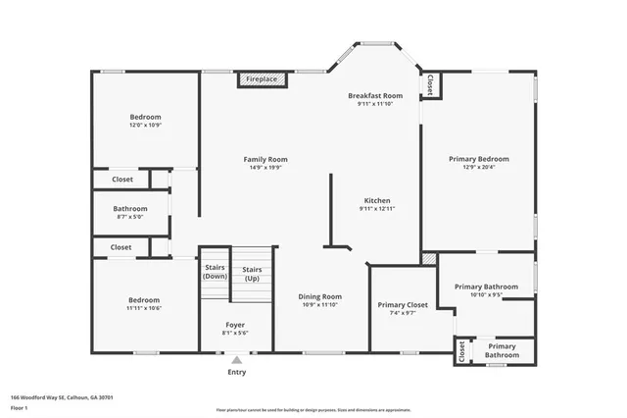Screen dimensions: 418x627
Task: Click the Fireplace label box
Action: pyautogui.click(x=262, y=78)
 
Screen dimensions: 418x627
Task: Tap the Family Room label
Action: pyautogui.click(x=265, y=159)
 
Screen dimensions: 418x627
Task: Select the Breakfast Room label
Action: pyautogui.click(x=375, y=95)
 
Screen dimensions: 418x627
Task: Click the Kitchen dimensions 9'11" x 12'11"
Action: pyautogui.click(x=377, y=208)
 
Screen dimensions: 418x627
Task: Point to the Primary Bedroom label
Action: pyautogui.click(x=478, y=159)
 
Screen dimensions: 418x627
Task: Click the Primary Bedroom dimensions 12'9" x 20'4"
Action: pyautogui.click(x=478, y=168)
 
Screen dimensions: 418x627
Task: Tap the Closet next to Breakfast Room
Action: pyautogui.click(x=431, y=86)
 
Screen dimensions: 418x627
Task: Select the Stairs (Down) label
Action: pyautogui.click(x=215, y=272)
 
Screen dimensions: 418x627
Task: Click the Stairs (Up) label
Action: pyautogui.click(x=252, y=274)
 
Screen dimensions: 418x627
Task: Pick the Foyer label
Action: pyautogui.click(x=235, y=324)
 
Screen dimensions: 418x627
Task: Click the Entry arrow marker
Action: pyautogui.click(x=236, y=361)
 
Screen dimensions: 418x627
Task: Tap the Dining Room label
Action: pyautogui.click(x=319, y=296)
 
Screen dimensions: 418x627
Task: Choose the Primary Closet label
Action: pyautogui.click(x=403, y=305)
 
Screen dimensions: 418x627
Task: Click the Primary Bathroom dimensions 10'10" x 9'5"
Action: pyautogui.click(x=486, y=294)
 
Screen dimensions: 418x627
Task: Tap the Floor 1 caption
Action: pyautogui.click(x=19, y=406)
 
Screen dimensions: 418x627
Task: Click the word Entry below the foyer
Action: pyautogui.click(x=237, y=372)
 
